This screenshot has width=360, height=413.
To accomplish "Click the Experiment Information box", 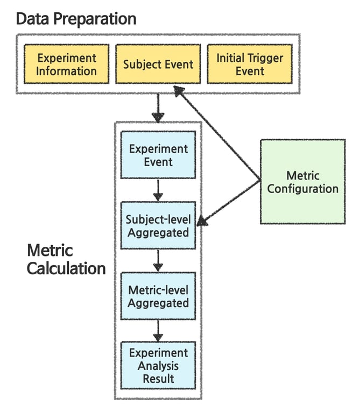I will click(x=66, y=64).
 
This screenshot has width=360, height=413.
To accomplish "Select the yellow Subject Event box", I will click(x=158, y=64).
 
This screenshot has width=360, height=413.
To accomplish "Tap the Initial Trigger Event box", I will click(x=249, y=64).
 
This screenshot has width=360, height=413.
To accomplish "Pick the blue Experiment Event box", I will click(x=158, y=155).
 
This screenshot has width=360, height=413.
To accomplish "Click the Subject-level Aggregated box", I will click(x=158, y=226).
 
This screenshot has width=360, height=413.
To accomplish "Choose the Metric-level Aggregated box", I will click(x=158, y=296).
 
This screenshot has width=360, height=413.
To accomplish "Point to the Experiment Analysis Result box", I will click(x=158, y=366).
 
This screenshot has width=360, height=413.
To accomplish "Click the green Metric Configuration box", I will click(x=302, y=182).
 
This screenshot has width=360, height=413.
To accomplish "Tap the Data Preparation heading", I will click(x=75, y=19).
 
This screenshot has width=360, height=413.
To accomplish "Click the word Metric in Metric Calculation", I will click(x=50, y=250).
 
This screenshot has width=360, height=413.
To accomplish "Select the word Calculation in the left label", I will click(x=66, y=268).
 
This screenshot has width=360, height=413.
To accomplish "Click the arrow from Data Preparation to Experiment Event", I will click(x=158, y=108).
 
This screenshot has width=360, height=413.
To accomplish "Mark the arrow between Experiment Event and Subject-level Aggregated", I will click(x=158, y=190).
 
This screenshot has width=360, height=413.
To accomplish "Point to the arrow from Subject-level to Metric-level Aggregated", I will click(x=158, y=260).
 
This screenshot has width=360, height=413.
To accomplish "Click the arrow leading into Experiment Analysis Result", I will click(x=158, y=330).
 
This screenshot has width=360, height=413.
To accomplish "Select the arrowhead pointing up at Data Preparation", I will click(x=179, y=92).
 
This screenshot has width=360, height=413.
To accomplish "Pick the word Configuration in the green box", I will click(x=302, y=189).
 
